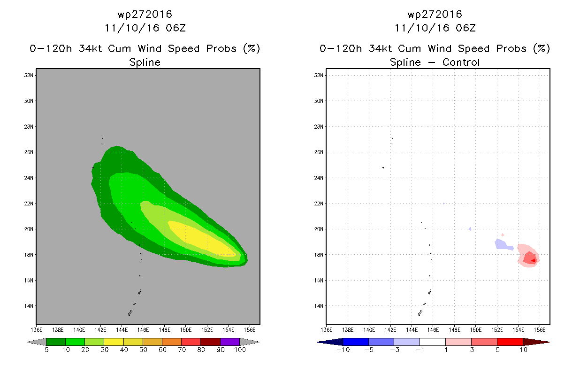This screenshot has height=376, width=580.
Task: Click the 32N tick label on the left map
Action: coord(29,75)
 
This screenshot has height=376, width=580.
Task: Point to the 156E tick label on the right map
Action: coord(540,329)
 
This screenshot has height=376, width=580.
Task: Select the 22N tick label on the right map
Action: coord(319,204)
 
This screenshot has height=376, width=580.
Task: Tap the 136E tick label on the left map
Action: coord(37,329)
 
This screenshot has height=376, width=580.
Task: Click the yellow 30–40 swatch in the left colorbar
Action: coord(114,342)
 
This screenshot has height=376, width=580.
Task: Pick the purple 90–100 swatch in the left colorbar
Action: coord(230,342)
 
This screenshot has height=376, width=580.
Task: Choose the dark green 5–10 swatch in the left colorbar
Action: coord(56,342)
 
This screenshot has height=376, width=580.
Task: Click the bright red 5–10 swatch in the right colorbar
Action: coord(510,342)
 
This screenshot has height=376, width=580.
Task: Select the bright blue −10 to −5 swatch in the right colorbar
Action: coord(356,342)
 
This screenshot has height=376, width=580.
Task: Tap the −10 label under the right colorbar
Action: coord(343,350)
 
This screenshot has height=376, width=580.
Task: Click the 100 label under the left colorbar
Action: coord(240,350)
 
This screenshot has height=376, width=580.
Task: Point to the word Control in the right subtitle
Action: coord(461,62)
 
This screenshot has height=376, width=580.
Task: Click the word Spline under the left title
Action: coord(145,63)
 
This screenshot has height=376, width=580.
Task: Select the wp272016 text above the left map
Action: coord(145,15)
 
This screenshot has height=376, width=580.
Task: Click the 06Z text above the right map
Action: coord(466,28)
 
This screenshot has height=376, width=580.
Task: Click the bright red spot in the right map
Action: coord(534,260)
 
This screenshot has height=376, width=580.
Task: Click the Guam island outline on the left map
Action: coord(130,313)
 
